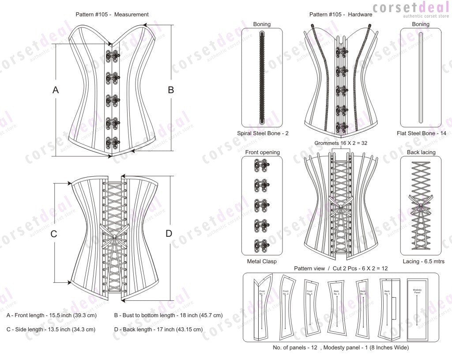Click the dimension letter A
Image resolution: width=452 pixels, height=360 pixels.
(56, 90)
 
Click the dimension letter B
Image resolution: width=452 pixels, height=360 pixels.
(171, 90)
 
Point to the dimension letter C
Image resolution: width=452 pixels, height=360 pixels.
(54, 234)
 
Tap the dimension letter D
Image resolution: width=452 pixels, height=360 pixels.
(169, 234)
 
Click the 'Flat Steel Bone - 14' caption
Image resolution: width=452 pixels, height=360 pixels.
(420, 133)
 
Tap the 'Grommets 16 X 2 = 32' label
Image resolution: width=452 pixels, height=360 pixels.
(341, 143)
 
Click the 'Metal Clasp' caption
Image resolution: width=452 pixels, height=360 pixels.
(262, 261)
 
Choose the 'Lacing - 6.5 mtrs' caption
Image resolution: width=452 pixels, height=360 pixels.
(421, 261)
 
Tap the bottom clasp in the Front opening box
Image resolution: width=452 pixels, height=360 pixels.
(256, 245)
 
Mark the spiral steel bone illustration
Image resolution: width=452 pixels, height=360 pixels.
(262, 78)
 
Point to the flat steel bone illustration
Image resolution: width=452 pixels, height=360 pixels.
(420, 78)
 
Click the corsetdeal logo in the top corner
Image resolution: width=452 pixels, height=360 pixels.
(411, 9)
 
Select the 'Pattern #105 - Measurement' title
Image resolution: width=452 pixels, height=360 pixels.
(112, 14)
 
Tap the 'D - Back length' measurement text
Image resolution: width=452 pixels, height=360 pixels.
(158, 329)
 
